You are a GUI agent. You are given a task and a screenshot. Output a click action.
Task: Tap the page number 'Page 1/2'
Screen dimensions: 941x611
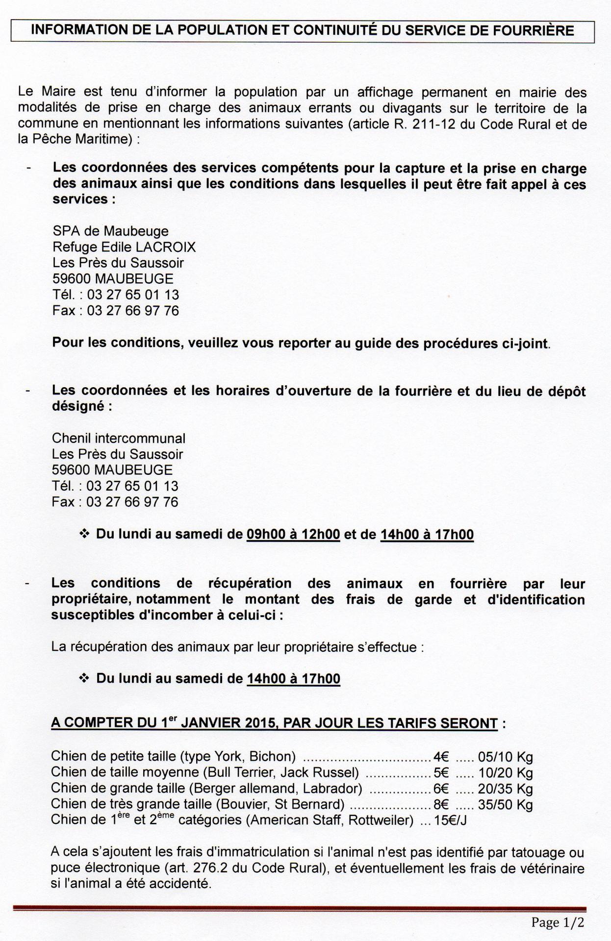(x=558, y=922)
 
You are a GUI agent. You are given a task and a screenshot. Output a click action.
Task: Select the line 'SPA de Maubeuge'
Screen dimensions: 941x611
(x=110, y=231)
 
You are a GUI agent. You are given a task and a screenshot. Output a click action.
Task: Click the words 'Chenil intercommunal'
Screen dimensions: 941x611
(x=118, y=438)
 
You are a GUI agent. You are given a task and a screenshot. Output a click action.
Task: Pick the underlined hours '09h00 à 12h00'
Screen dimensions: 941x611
(x=293, y=534)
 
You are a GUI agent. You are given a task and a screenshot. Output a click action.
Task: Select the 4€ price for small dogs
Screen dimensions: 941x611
(x=441, y=757)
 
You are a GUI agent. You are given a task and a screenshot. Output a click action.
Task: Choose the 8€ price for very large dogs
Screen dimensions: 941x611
(x=441, y=804)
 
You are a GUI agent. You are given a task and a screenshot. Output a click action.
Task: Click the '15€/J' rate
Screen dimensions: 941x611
(x=450, y=820)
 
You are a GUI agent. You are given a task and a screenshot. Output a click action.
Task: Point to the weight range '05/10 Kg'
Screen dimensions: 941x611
(x=506, y=757)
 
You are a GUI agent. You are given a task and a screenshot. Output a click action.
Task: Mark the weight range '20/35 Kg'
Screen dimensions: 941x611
(x=506, y=789)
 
